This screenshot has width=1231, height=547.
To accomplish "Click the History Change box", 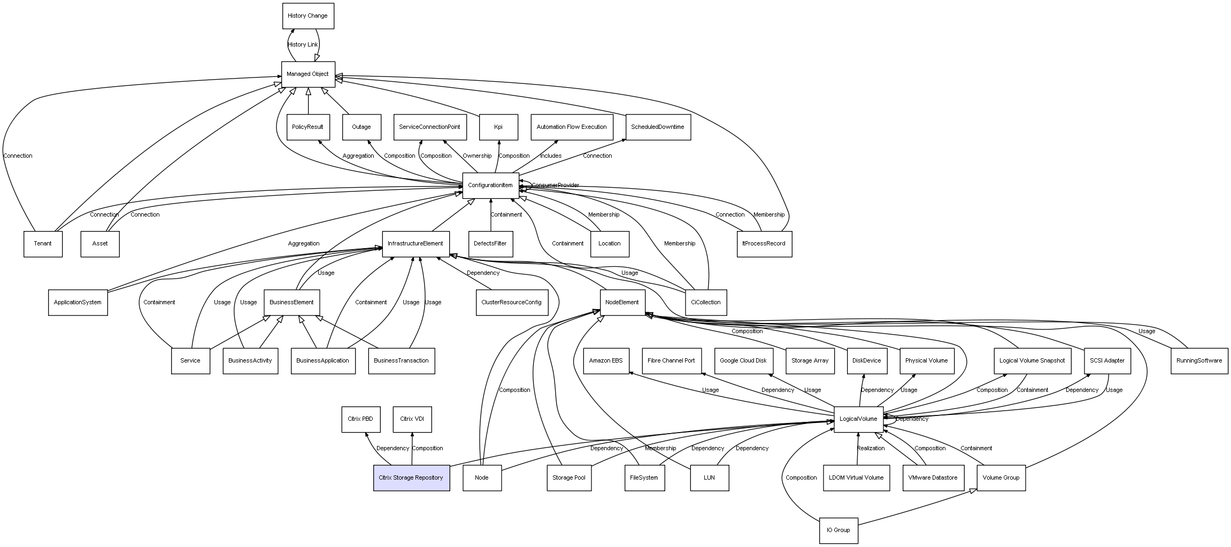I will coord(308,16).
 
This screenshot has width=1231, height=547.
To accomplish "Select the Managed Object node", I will coord(308,74).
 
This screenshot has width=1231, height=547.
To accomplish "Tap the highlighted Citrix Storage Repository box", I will coord(411,477).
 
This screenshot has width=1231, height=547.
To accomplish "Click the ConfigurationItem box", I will coord(490,186).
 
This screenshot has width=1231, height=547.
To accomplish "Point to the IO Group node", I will coord(838,530).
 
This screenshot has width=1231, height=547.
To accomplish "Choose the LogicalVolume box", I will coord(858,419).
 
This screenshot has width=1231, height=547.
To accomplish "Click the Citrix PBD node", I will coord(360,419).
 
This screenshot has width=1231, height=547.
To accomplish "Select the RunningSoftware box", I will coord(1199,361).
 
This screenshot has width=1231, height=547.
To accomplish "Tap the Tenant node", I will coord(43,244).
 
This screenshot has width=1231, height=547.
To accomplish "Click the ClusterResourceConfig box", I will coord(511,303).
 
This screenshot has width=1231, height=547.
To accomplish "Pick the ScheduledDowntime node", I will coord(658,127).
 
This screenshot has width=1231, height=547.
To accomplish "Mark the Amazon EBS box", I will coord(606,361).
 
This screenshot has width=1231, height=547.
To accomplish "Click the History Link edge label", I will coord(303,45).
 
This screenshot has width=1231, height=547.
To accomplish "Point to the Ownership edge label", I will coord(477,156).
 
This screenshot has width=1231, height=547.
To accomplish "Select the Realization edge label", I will coord(871,449).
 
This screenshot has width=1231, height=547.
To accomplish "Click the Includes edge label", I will coord(550,156).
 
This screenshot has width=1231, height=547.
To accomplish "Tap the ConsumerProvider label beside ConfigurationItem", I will coord(555,186).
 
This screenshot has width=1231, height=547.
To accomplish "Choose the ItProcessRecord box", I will coord(764,244).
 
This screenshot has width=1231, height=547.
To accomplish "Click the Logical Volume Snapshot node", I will coord(1032,361).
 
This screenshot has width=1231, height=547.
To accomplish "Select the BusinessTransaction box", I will coord(401,361).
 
